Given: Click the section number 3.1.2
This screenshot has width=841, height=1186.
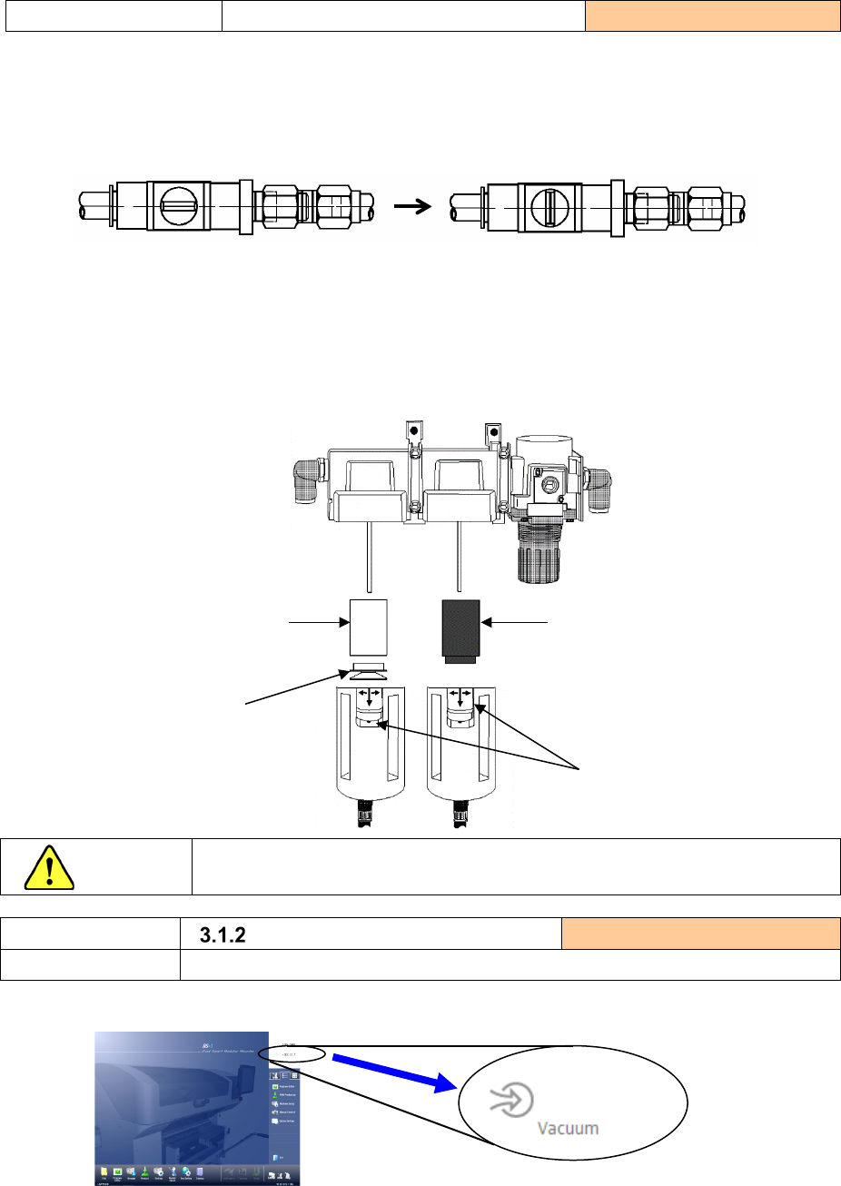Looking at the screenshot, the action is [223, 934].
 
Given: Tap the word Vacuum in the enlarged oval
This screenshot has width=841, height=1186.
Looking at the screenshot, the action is [568, 1128].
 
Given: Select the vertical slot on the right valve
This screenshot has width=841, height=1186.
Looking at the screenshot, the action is [548, 206].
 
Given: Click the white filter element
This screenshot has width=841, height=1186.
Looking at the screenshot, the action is [369, 628].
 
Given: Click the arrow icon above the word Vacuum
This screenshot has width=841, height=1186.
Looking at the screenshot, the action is [504, 1101].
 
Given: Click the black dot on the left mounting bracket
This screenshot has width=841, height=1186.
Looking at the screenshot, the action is [412, 430].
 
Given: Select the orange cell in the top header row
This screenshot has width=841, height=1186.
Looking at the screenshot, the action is [712, 16].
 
